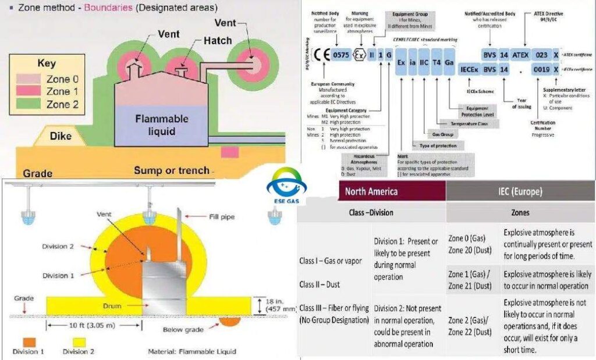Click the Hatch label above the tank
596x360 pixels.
[x=217, y=41]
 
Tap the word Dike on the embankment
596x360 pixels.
[x=61, y=137]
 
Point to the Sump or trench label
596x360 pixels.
[x=171, y=170]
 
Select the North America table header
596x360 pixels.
[x=371, y=191]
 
